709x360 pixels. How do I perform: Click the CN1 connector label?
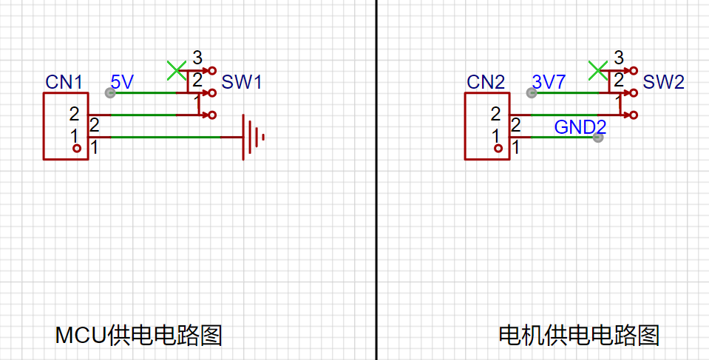(64, 81)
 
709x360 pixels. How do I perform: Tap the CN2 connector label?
(485, 81)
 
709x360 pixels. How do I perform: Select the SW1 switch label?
(242, 82)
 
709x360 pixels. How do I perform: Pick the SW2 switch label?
(663, 82)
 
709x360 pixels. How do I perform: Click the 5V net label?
(123, 81)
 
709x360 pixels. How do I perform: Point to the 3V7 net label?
(549, 81)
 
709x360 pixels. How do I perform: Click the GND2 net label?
(580, 126)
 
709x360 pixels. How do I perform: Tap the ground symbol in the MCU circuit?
(252, 137)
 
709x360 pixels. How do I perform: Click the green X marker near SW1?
(176, 70)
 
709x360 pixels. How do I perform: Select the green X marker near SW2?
(597, 70)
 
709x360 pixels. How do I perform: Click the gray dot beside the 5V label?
(110, 93)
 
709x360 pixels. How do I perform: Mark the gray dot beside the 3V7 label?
(531, 93)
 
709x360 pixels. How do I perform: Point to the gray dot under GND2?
(598, 137)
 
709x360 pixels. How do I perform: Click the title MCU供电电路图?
(138, 336)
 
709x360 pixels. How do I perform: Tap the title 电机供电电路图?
(579, 336)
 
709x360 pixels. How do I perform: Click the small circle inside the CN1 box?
(77, 149)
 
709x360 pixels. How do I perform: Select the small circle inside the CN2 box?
(498, 149)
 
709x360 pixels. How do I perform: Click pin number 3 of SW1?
(197, 57)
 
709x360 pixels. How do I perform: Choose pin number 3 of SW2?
(619, 57)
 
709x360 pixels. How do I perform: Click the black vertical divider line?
(376, 222)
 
